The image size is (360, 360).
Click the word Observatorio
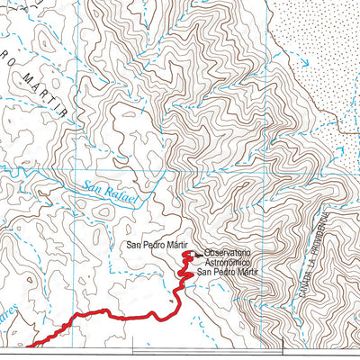tap(227, 253)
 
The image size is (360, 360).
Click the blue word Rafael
tap(123, 196)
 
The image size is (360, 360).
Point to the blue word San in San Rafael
tap(92, 187)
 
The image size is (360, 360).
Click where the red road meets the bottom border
tap(29, 345)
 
